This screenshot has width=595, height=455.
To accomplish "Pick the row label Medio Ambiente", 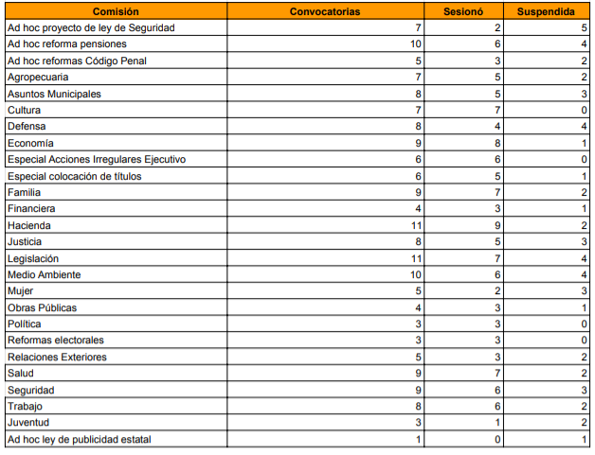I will click(44, 274).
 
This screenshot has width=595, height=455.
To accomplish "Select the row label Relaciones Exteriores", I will click(57, 357).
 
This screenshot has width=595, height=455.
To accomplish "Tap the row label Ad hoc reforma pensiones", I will click(66, 44).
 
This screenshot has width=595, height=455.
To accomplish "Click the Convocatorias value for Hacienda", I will click(414, 225).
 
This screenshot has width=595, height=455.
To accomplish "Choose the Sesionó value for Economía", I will click(497, 143).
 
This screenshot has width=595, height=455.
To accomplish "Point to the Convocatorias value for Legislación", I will click(414, 258).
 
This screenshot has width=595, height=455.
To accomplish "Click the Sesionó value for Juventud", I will click(497, 423).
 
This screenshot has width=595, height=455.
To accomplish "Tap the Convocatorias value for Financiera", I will click(417, 208).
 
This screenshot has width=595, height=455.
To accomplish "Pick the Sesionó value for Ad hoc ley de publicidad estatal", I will click(497, 439).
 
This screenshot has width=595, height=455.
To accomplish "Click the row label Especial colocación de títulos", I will click(69, 176).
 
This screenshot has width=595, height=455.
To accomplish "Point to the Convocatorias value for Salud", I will click(417, 374).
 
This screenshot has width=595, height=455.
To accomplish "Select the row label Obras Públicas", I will click(42, 307).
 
